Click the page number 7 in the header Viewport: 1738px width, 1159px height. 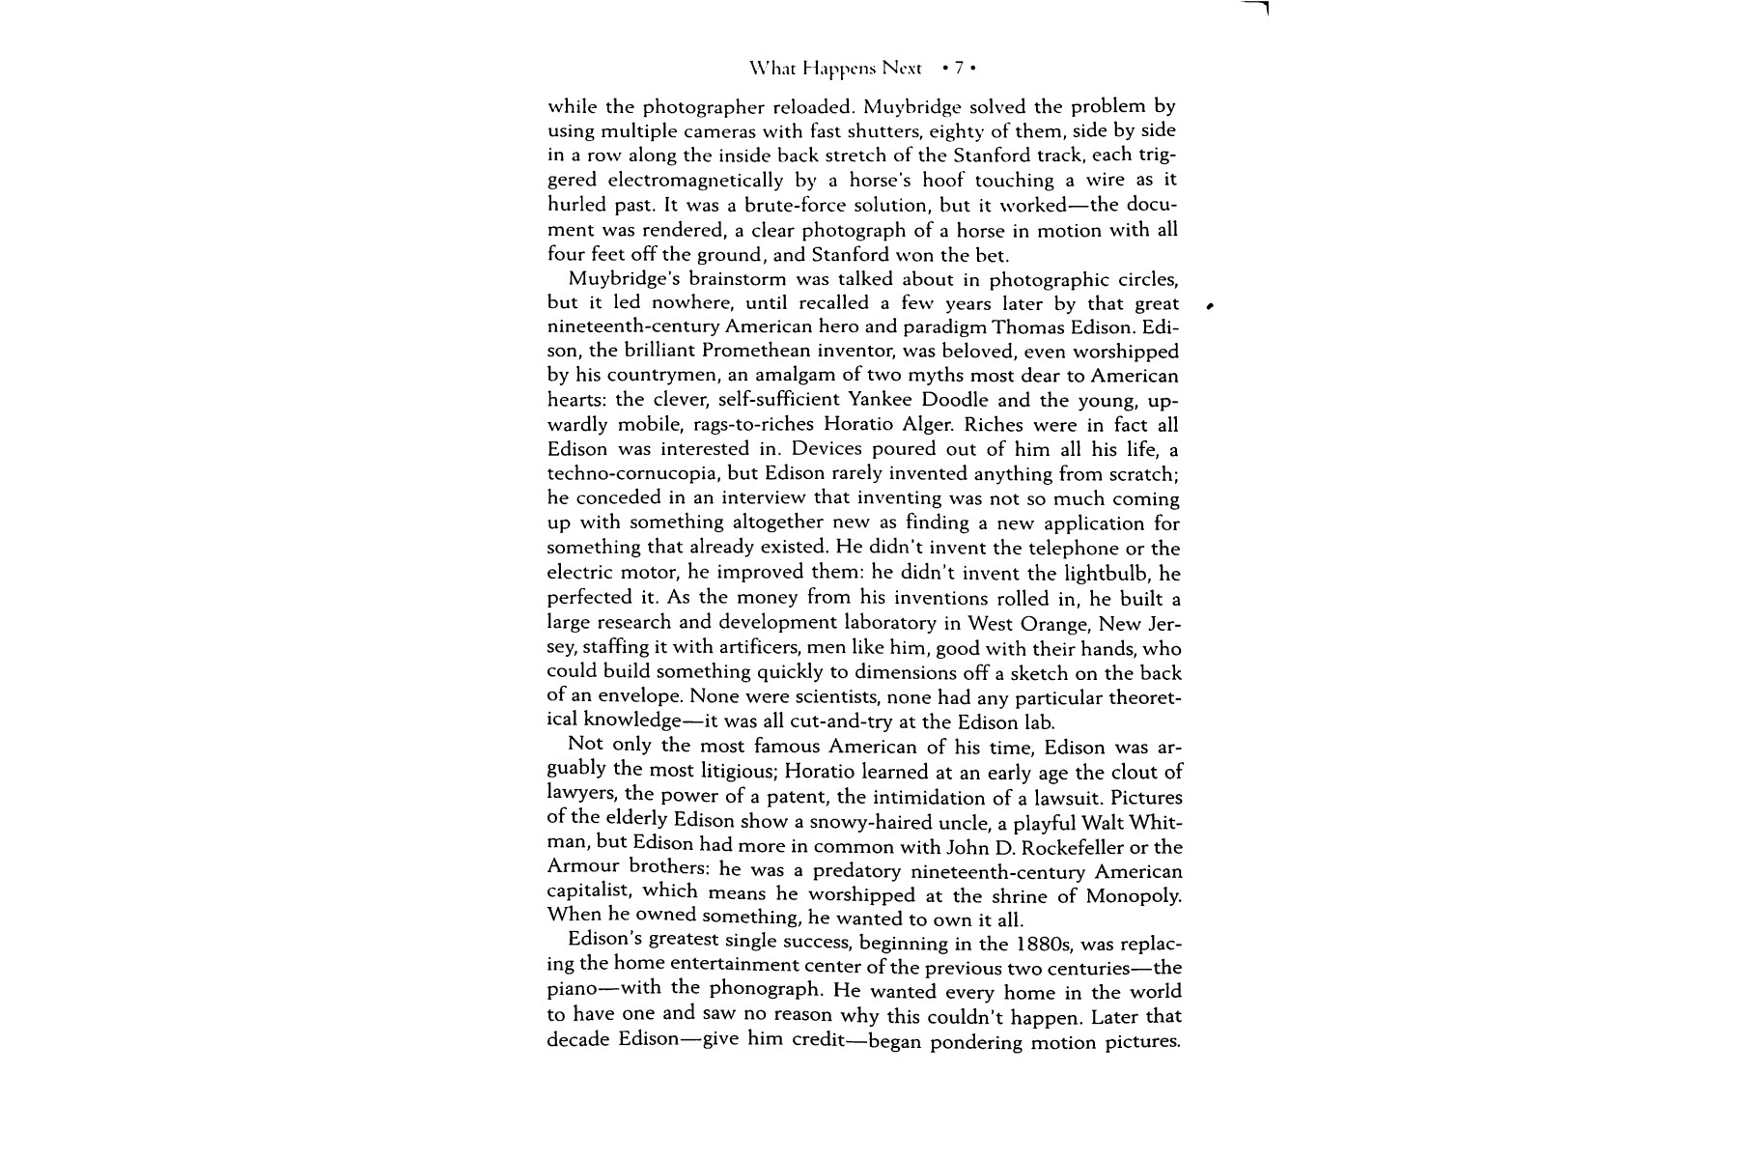tap(959, 69)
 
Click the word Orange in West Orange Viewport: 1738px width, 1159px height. tap(1052, 623)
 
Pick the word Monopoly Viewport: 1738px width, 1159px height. tap(1133, 895)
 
